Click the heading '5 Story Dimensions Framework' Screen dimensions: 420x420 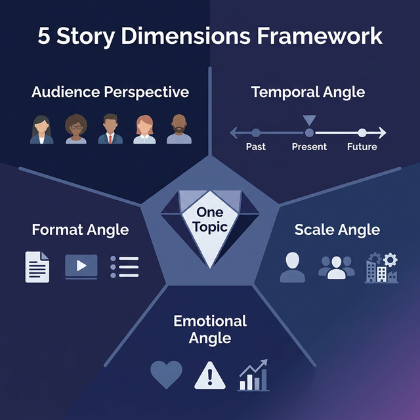210,36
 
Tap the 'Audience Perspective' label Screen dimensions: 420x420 110,92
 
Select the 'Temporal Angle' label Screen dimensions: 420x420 308,92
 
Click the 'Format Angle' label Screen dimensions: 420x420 80,230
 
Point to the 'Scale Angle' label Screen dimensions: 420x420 337,230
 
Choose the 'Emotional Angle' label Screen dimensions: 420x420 210,329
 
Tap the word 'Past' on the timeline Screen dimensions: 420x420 255,146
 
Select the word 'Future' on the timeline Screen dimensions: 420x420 362,146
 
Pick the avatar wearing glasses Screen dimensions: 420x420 76,129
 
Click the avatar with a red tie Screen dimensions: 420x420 110,129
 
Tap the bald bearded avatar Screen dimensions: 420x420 179,129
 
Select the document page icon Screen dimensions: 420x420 37,266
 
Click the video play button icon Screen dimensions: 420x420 81,266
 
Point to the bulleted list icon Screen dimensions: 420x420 124,266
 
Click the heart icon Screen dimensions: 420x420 166,375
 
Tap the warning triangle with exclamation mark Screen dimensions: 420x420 209,376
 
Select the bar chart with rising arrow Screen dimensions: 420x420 253,375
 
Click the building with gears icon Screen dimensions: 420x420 381,268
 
